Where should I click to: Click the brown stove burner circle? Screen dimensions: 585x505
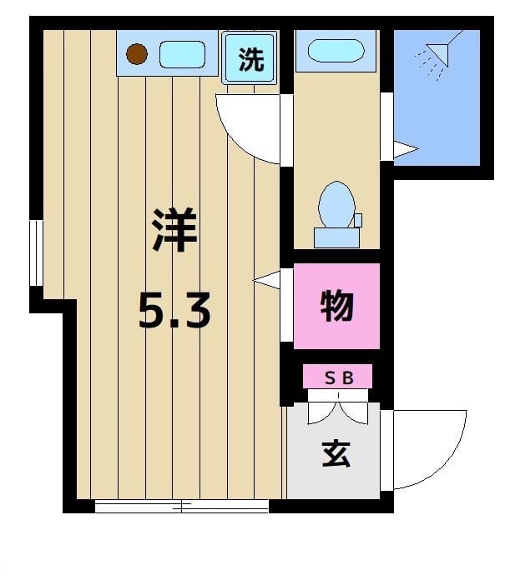click(x=136, y=54)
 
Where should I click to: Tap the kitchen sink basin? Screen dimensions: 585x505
click(x=182, y=55)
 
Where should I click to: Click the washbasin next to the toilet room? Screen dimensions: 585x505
click(x=336, y=50)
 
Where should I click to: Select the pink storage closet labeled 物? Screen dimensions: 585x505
click(x=337, y=306)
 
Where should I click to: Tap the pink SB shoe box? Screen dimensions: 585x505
click(x=338, y=377)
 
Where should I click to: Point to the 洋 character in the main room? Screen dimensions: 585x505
click(x=174, y=232)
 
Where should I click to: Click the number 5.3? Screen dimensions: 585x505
click(x=174, y=312)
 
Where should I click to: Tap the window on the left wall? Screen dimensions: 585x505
click(x=35, y=252)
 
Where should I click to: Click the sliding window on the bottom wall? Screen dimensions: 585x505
click(x=182, y=505)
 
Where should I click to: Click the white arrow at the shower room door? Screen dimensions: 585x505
click(x=405, y=150)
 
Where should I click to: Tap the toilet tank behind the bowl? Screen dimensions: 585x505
click(x=336, y=237)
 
